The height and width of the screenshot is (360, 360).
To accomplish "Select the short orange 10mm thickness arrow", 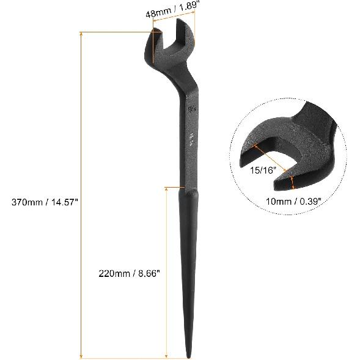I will click(x=294, y=182).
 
